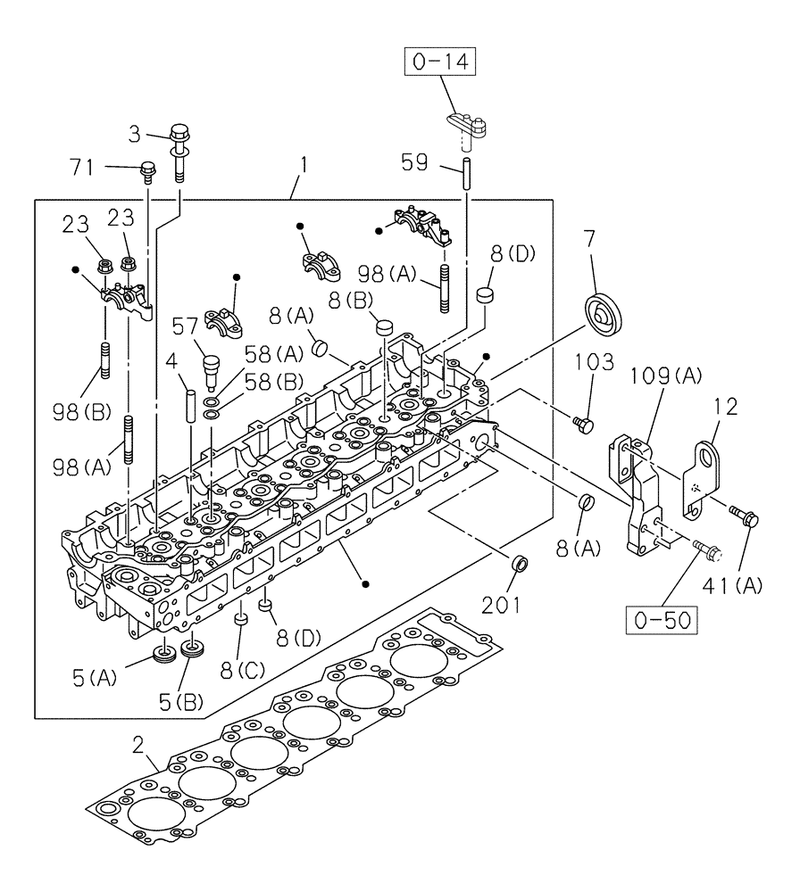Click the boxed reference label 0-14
[x=439, y=63]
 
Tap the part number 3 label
[x=134, y=135]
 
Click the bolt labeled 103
[x=585, y=424]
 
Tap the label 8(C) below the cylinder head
[x=238, y=664]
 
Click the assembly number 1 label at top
[x=304, y=166]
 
